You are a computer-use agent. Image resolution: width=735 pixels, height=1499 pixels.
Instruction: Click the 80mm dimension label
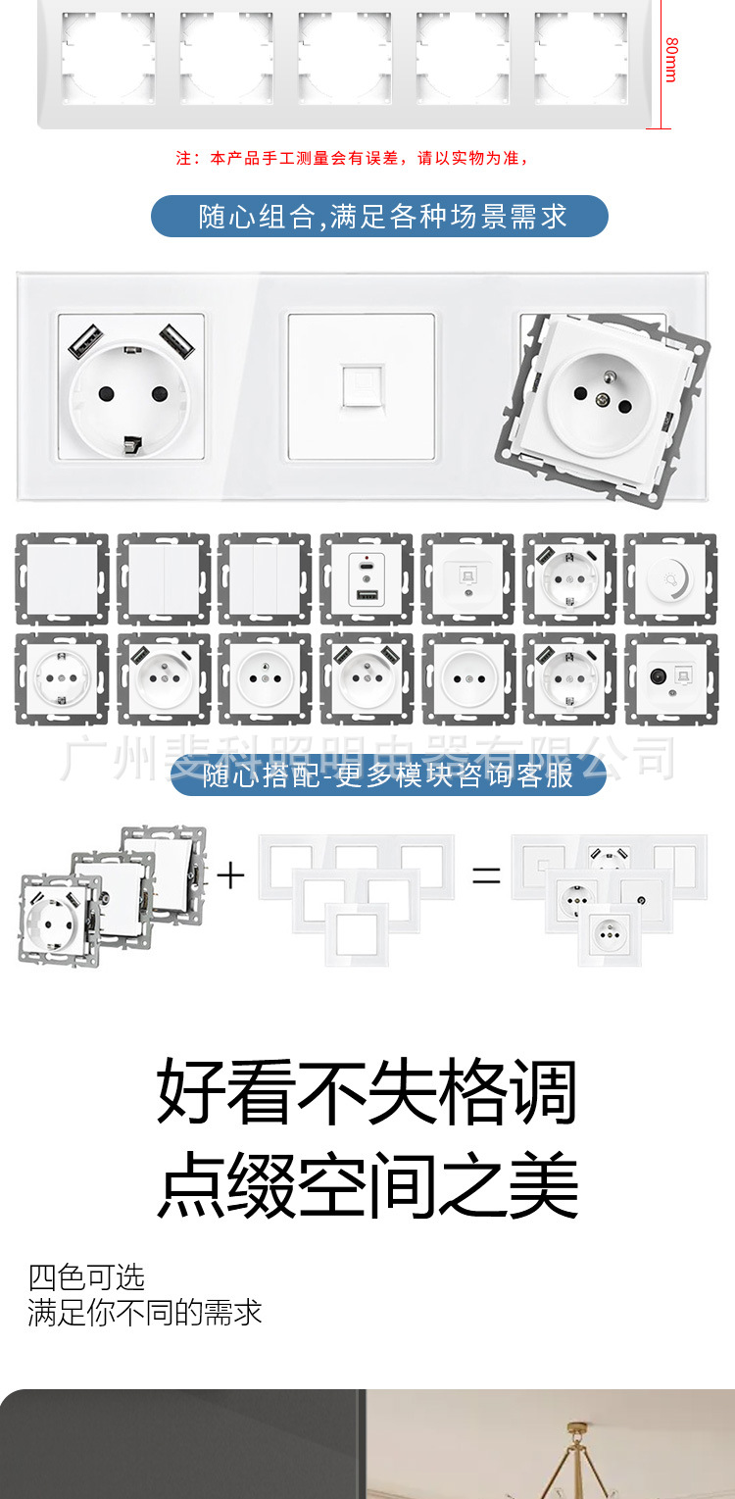tap(671, 60)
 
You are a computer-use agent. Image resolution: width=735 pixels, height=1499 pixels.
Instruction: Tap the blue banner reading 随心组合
tap(379, 216)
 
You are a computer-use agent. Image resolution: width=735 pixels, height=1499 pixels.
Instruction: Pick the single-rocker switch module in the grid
tap(62, 579)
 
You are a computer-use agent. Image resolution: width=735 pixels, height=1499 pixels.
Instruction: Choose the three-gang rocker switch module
tap(264, 579)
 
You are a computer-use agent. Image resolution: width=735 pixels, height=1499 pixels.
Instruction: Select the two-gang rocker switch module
tap(163, 579)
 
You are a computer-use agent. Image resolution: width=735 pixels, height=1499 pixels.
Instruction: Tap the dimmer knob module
tap(669, 579)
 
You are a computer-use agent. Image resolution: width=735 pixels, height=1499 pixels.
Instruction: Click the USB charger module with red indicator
tap(366, 579)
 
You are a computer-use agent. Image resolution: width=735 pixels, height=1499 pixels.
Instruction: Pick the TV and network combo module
tap(669, 678)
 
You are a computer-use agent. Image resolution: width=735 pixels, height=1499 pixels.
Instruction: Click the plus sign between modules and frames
tap(230, 874)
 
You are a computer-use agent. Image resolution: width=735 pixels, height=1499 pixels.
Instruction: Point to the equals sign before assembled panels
tap(486, 875)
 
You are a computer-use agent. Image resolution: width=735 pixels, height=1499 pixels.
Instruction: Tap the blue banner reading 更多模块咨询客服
tap(388, 775)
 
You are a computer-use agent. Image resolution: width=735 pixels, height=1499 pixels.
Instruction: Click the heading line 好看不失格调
tap(367, 1090)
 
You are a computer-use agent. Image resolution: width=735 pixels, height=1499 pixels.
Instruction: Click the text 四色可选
tap(86, 1277)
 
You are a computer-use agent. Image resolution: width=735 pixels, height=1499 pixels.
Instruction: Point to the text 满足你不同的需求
tap(145, 1313)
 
